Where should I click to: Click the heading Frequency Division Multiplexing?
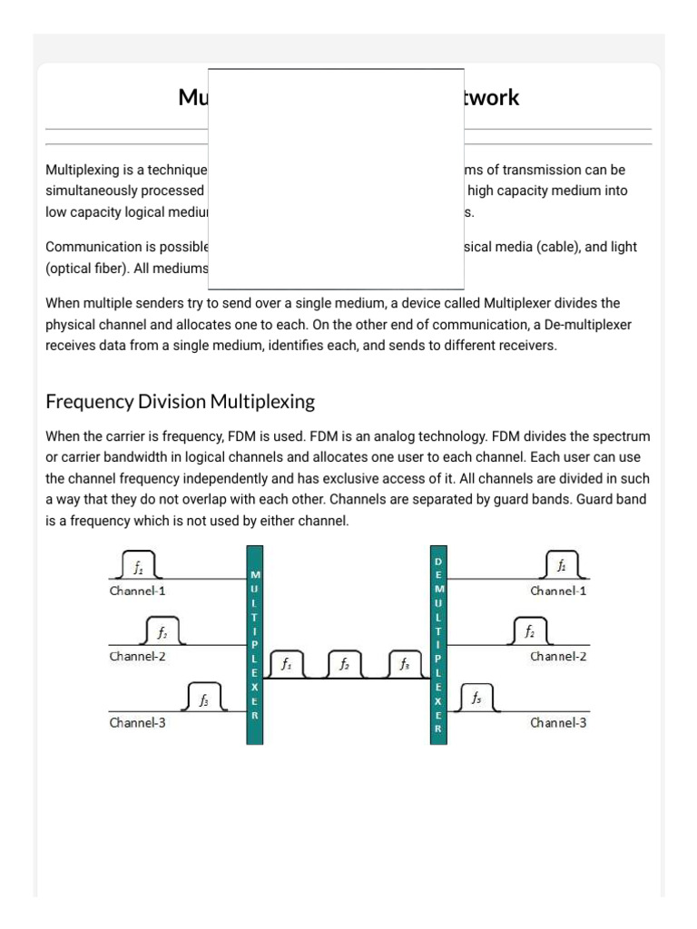pos(180,400)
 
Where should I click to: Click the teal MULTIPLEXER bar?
pos(255,644)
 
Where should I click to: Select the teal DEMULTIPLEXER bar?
pos(438,644)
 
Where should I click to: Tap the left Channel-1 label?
pos(137,591)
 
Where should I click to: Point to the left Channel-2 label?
pos(137,656)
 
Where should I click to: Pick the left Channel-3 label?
pos(137,723)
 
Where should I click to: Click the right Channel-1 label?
pos(558,591)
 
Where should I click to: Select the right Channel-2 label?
pos(558,656)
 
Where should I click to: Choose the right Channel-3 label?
pos(558,723)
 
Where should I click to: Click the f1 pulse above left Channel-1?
pos(138,568)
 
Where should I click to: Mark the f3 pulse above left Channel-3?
pos(204,699)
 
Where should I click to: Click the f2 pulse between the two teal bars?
pos(345,665)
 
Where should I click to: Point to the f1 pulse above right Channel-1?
pos(563,566)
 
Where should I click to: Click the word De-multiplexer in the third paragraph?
pos(593,324)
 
